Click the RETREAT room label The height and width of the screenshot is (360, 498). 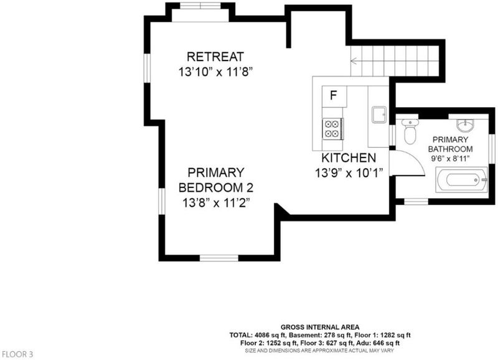click(x=215, y=57)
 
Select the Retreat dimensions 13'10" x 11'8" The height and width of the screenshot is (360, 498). click(x=215, y=72)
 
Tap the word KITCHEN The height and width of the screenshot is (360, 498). click(x=349, y=158)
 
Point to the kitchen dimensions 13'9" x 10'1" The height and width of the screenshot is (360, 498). click(x=349, y=173)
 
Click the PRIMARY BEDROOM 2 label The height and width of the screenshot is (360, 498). click(x=216, y=180)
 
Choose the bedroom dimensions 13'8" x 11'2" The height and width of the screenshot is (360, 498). click(x=216, y=202)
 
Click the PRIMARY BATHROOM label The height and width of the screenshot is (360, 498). click(x=450, y=144)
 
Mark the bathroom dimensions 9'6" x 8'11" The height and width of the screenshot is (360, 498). click(x=450, y=158)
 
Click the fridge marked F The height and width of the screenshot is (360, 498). click(x=334, y=97)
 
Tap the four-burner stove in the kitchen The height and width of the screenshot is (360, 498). click(x=333, y=129)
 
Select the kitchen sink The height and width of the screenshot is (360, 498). click(x=379, y=115)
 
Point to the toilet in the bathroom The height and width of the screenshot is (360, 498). click(x=410, y=131)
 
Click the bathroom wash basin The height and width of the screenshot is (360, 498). click(x=465, y=125)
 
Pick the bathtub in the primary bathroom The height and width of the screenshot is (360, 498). click(x=462, y=179)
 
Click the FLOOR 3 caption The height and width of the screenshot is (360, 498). click(x=17, y=354)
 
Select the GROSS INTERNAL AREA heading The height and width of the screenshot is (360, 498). click(x=320, y=327)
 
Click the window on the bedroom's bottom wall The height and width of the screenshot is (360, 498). click(x=219, y=258)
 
